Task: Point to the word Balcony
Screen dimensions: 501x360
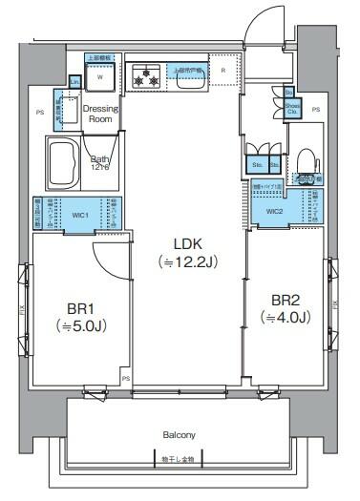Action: pos(179,434)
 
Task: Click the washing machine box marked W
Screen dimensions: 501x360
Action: pos(100,79)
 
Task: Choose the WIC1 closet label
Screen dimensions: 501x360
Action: pos(80,216)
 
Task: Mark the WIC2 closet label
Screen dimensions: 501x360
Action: pos(275,211)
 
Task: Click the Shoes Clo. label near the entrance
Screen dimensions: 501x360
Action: pos(291,108)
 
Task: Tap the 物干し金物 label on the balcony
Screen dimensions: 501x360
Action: pos(178,459)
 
